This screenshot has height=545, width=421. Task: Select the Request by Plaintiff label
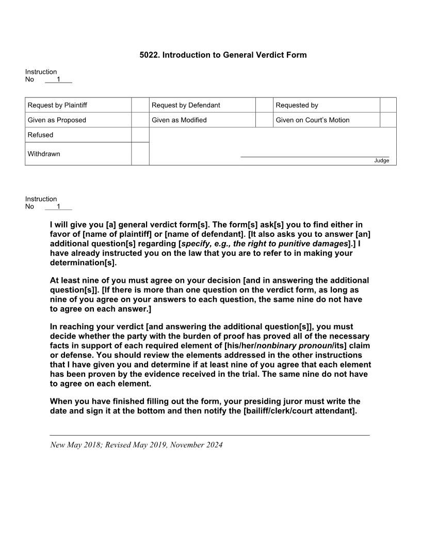pyautogui.click(x=57, y=105)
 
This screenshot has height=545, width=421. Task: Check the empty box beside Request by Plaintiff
pyautogui.click(x=140, y=105)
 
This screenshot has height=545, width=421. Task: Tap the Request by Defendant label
pyautogui.click(x=186, y=105)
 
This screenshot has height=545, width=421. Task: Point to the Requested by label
pyautogui.click(x=297, y=105)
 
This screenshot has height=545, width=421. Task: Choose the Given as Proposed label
pyautogui.click(x=57, y=120)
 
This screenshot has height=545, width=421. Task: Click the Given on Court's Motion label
pyautogui.click(x=312, y=120)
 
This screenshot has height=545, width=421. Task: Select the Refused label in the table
pyautogui.click(x=40, y=135)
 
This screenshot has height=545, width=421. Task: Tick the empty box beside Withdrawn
pyautogui.click(x=140, y=154)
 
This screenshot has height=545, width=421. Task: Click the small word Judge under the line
pyautogui.click(x=381, y=161)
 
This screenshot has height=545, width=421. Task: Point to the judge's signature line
pyautogui.click(x=315, y=156)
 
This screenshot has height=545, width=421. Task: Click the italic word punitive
pyautogui.click(x=299, y=244)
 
